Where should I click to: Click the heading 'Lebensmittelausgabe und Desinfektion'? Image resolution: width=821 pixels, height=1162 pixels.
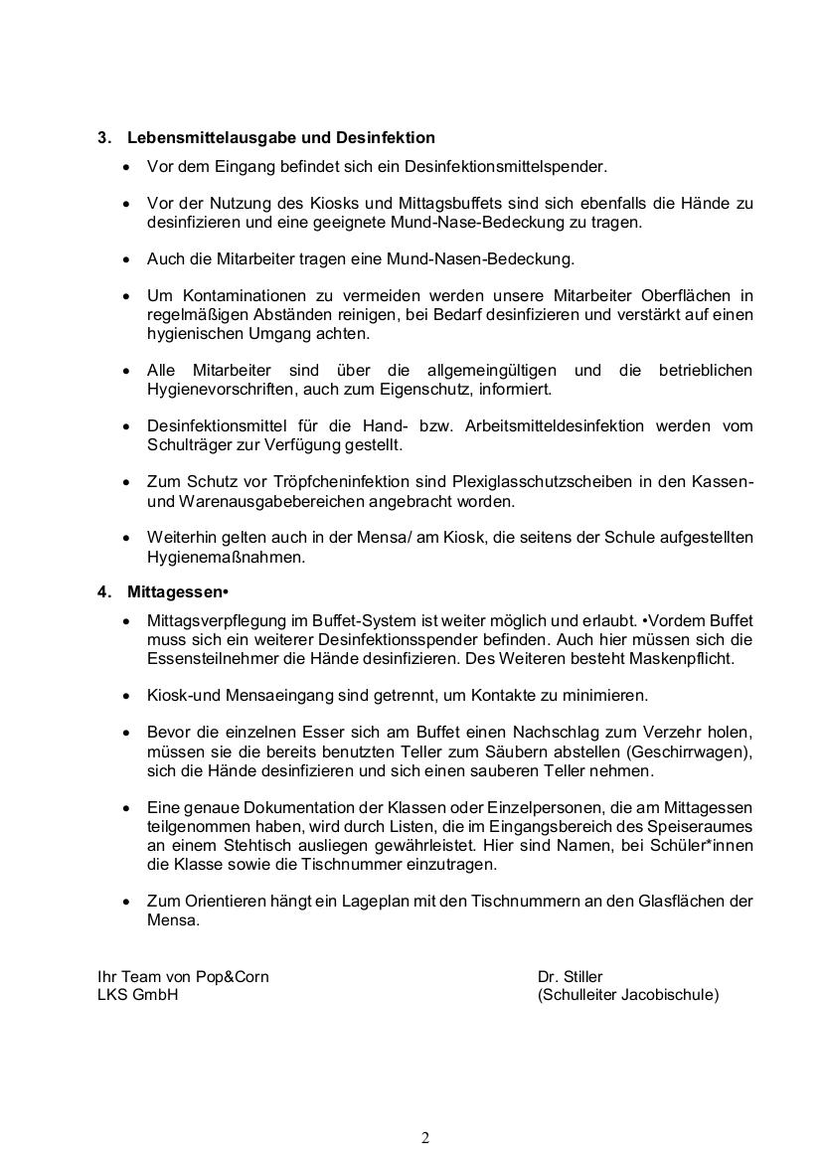(281, 137)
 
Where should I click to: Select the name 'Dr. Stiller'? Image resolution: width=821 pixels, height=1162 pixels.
(571, 976)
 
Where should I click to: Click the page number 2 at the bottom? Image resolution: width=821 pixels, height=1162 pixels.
(425, 1138)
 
